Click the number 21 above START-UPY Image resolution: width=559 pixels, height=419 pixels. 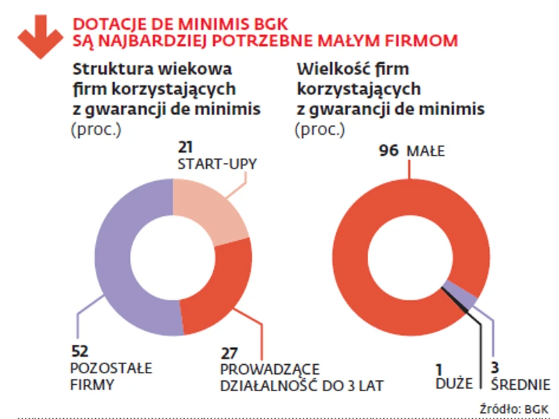pos(185,147)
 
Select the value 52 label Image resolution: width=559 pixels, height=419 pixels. pos(81,351)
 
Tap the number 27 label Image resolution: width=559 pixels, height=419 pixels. pos(229,353)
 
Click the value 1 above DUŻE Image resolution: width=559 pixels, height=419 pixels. pos(440,368)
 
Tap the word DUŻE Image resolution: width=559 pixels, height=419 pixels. pos(454,384)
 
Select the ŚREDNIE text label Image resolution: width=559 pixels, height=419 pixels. pos(521,384)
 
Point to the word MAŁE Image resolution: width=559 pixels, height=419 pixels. pos(426,151)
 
